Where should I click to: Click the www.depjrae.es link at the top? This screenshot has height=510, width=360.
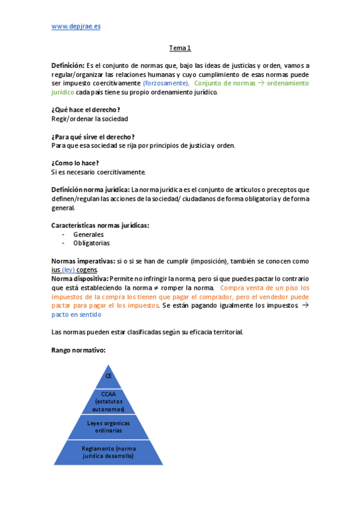click(76, 26)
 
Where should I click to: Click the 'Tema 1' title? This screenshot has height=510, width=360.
click(180, 48)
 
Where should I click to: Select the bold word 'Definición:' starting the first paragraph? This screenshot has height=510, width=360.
click(68, 66)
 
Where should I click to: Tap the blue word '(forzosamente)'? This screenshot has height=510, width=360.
click(165, 83)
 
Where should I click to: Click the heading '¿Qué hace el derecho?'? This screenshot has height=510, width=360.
click(85, 109)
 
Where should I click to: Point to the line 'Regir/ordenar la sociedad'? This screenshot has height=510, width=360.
click(90, 118)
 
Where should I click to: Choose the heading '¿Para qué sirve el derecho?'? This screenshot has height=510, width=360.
click(93, 137)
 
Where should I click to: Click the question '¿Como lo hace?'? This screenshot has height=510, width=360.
click(75, 163)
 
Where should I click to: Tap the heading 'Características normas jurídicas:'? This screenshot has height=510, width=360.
click(100, 226)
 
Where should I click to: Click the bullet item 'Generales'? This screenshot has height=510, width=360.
click(88, 235)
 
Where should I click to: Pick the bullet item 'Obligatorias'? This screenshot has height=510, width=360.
click(91, 244)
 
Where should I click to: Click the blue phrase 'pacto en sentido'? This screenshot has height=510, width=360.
click(76, 315)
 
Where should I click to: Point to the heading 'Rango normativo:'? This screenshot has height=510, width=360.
click(79, 350)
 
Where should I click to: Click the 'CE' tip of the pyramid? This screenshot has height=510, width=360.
click(109, 376)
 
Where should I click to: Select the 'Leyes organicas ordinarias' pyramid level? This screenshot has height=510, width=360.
click(109, 426)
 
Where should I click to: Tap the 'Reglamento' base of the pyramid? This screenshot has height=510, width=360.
click(109, 452)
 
